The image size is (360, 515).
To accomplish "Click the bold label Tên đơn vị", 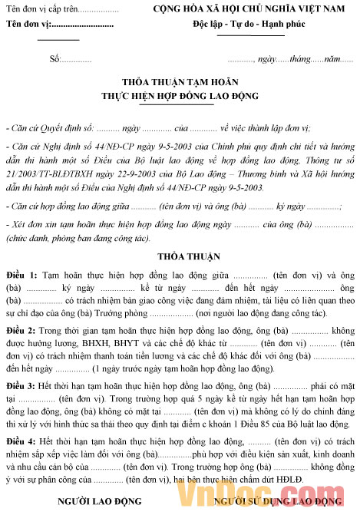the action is [x=31, y=25].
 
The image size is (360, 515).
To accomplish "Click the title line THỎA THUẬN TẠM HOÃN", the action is [x=180, y=82].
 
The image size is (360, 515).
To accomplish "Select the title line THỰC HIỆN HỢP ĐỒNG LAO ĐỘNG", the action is [x=180, y=96].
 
